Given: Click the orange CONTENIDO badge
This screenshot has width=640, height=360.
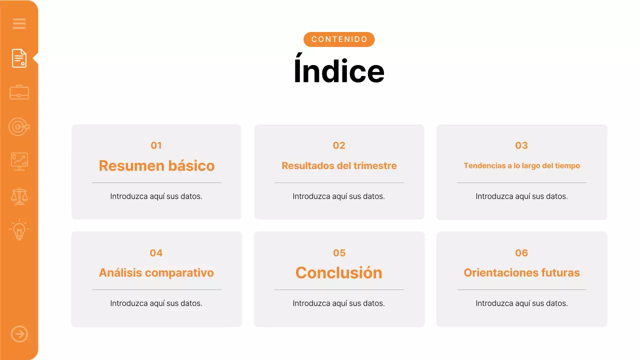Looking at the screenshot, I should pos(339,39).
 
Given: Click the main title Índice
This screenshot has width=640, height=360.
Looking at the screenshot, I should pos(339,71).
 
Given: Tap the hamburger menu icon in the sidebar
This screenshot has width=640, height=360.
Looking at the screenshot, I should pos(19,23).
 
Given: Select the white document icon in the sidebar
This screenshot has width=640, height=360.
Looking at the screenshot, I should pos(19,58).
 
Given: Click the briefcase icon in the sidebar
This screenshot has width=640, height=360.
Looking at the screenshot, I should pos(19,92).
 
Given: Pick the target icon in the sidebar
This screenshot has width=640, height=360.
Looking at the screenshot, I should pos(19,127).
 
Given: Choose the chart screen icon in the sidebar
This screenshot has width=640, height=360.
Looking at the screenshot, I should pos(19,161).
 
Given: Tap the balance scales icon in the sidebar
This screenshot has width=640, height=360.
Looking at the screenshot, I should pos(19,196).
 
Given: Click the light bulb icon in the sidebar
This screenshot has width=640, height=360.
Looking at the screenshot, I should pos(19,230).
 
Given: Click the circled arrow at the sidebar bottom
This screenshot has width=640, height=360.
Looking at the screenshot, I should pos(19,334).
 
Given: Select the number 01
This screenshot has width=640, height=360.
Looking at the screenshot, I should pos(156,145).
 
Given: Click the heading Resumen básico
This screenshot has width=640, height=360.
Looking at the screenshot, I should pos(156,165).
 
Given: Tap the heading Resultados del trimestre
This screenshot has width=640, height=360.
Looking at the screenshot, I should pos(339,165).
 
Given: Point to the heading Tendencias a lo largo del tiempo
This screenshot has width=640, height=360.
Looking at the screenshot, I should pos(521,165).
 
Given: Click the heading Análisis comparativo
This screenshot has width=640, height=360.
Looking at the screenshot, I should pos(156,272).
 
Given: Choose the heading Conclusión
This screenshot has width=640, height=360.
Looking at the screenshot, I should pos(339,272).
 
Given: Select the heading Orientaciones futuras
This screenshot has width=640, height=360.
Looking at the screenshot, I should pos(521,272).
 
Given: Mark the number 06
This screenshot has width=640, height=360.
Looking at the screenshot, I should pos(521,253).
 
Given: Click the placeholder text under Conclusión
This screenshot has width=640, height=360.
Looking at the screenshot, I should pos(339,303).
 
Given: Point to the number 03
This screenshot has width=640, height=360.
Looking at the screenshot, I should pos(521,145).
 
